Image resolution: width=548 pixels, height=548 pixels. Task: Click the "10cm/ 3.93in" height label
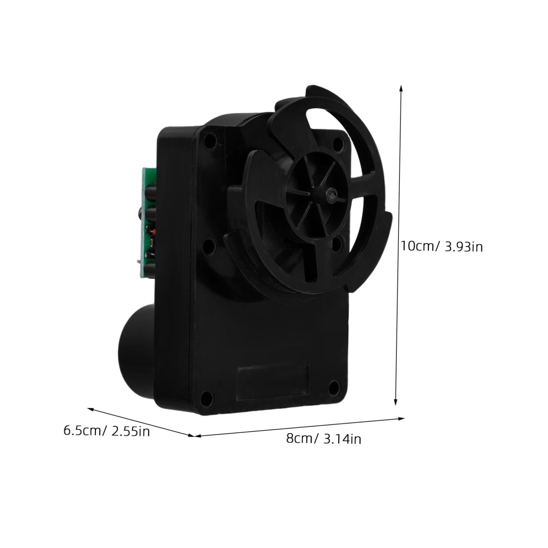point(442,247)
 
